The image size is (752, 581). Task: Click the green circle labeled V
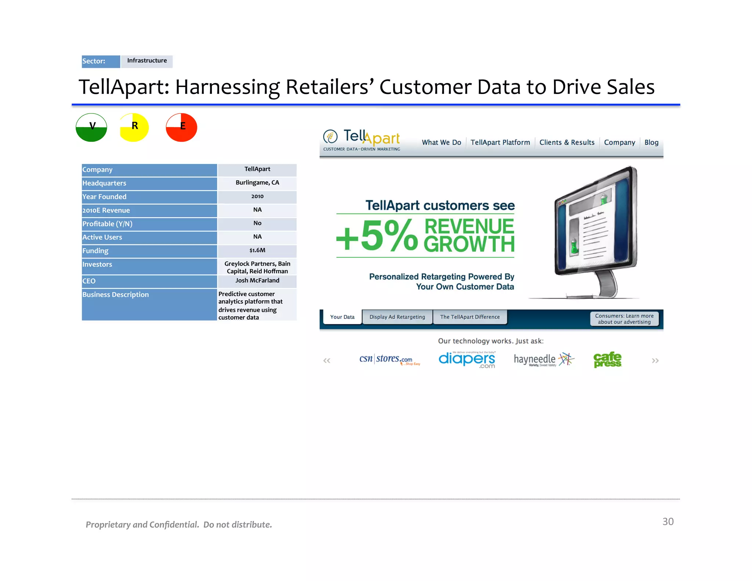(x=91, y=127)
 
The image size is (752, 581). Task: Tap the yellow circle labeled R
(x=134, y=127)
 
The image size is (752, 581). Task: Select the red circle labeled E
(x=181, y=127)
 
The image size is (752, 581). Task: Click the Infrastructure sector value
(x=147, y=61)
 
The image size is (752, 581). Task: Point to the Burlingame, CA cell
(x=257, y=183)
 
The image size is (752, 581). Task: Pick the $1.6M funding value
(x=257, y=250)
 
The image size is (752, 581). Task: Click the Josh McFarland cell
(x=257, y=281)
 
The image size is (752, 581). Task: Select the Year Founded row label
(x=104, y=197)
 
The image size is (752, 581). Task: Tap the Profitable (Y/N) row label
(x=107, y=224)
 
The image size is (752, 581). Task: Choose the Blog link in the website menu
(x=651, y=142)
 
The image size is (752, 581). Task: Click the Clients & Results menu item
(x=567, y=142)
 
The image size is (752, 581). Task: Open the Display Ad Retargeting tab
(x=397, y=317)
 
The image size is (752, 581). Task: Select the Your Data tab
(x=342, y=317)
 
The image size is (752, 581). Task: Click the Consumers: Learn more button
(x=624, y=319)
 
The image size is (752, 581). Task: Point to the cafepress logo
(x=607, y=360)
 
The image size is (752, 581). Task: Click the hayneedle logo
(x=543, y=360)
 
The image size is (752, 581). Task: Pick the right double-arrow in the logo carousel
(x=655, y=361)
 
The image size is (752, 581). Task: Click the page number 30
(x=668, y=522)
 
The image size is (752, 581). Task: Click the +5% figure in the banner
(x=377, y=236)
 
